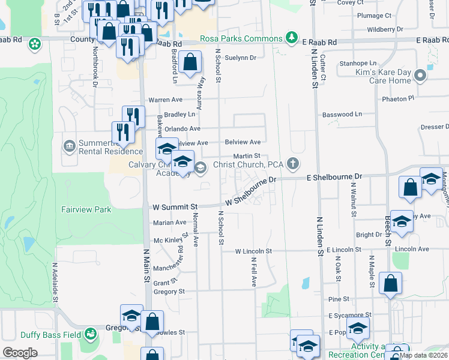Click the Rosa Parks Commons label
click(241, 39)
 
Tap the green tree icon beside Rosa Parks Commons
click(292, 38)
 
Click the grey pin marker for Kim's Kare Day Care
click(421, 76)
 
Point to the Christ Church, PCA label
click(248, 164)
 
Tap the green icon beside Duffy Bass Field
click(91, 333)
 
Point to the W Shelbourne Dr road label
click(250, 191)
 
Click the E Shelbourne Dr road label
click(335, 177)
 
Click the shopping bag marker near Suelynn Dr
click(190, 62)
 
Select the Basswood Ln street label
click(342, 114)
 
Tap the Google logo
click(20, 353)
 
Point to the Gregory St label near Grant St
click(169, 292)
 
